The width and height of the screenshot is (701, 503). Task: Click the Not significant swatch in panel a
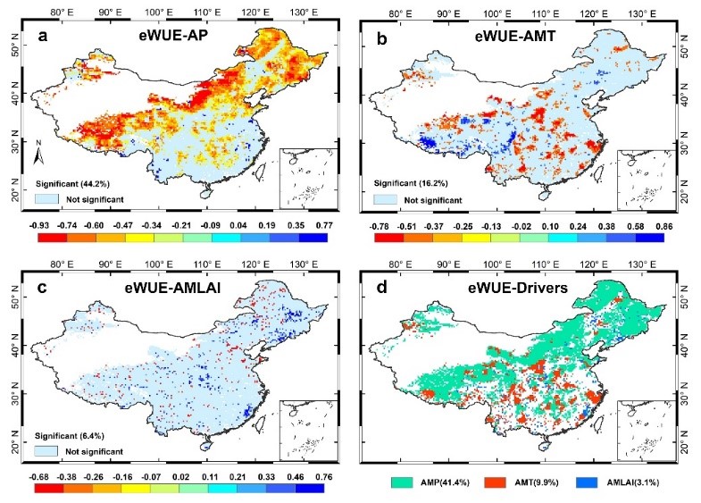[47, 199]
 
